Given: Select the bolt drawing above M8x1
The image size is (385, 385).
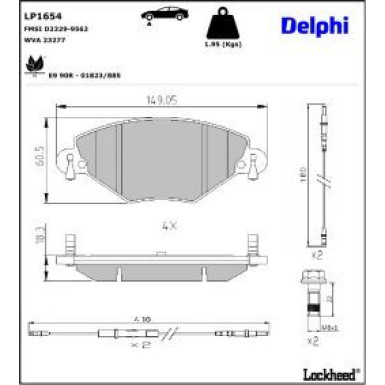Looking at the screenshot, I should click(x=310, y=294).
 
